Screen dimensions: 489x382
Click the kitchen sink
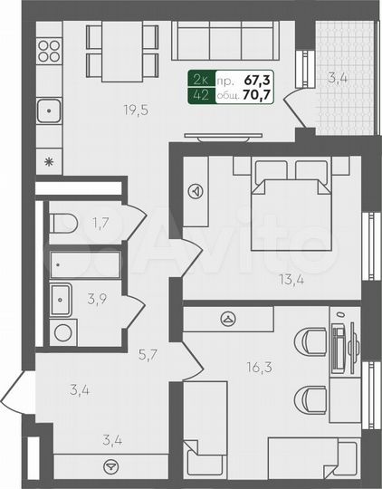(50, 112)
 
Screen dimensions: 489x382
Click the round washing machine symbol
(62, 331)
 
